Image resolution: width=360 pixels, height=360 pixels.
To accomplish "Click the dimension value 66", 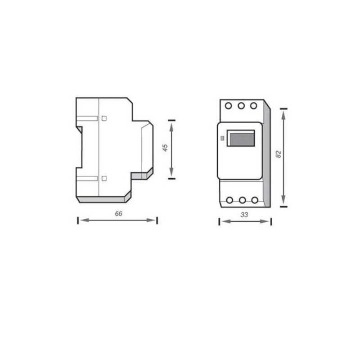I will coord(118,214).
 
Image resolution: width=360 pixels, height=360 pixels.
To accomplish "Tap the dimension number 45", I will coord(165,148).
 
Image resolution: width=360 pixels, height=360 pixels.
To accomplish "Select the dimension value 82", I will coord(278,153).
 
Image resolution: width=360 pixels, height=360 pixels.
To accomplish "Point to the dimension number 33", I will coord(244,215).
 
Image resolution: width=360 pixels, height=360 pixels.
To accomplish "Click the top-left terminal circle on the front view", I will coord(229,106).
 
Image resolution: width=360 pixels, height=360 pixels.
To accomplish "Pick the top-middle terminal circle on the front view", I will coord(241,106).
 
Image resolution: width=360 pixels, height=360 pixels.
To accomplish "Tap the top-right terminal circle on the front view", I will coord(254,106).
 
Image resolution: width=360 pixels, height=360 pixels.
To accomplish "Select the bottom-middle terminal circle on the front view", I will coord(243,200).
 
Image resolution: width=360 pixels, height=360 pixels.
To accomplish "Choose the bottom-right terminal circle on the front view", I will coord(255,200).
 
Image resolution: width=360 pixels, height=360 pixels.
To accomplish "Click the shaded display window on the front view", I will coord(241,138).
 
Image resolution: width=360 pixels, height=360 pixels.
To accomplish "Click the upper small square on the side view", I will coord(104,118).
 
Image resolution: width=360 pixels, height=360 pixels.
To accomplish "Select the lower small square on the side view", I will coord(104,178).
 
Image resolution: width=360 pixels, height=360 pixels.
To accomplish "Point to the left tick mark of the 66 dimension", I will coord(78,220).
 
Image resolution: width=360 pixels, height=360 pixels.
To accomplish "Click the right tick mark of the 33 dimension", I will coord(271,221).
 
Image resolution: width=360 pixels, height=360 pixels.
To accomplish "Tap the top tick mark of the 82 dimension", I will coord(283,108).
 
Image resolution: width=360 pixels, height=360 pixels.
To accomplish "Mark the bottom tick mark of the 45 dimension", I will coord(171,179).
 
